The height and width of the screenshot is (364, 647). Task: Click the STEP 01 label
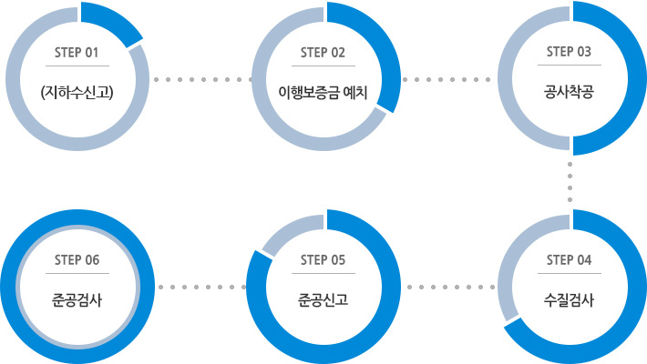77,52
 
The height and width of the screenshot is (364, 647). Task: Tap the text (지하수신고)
77,91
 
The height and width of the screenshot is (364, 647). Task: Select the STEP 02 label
323,52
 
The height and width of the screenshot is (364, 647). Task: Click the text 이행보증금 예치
323,91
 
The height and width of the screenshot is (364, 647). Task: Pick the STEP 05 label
323,260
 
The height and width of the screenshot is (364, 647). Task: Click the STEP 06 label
77,260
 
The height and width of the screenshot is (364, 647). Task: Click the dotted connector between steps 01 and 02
200,79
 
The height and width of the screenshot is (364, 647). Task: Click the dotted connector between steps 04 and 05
449,287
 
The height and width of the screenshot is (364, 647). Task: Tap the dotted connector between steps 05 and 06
200,287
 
